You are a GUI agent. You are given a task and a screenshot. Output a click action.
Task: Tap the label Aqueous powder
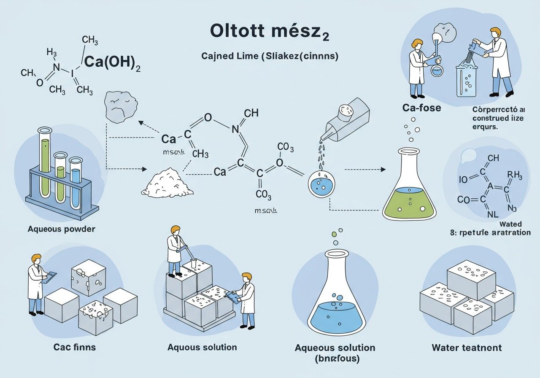tap(62, 229)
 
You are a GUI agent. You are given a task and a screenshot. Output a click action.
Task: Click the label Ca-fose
tap(421, 108)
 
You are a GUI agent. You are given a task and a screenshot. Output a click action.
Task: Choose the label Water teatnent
tap(467, 348)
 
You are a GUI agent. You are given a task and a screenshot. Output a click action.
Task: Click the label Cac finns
tap(74, 347)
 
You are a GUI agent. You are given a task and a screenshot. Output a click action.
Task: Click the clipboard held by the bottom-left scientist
tap(50, 276)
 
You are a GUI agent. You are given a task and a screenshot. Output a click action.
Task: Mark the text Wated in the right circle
tap(510, 224)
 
